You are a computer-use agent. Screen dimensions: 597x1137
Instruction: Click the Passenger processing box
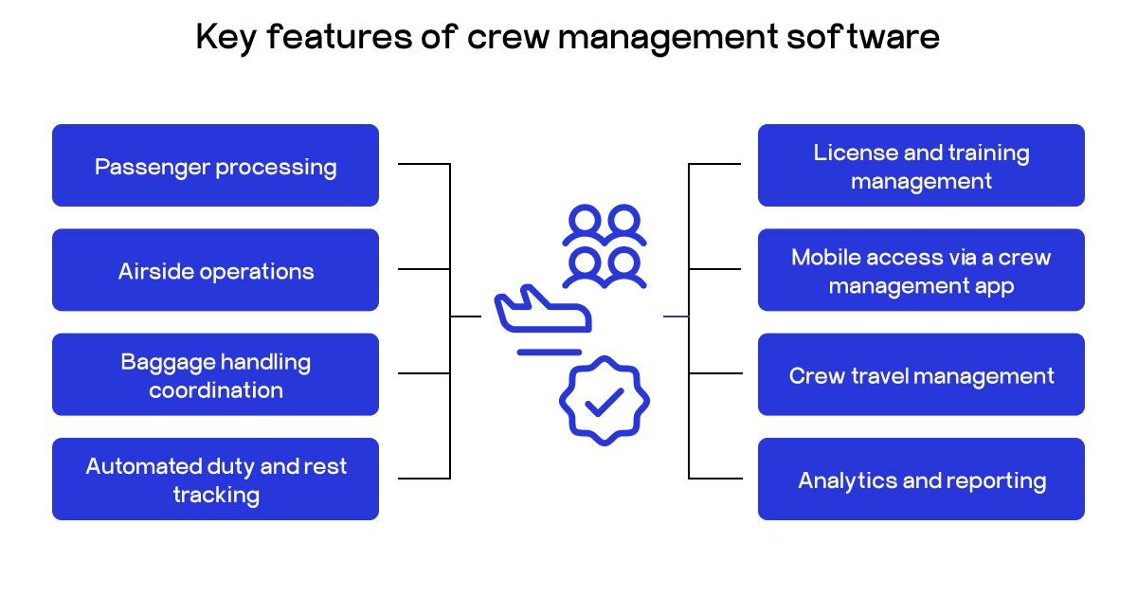[215, 166]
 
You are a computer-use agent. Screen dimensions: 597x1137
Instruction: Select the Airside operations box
[215, 270]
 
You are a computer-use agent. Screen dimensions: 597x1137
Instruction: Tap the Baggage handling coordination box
[215, 374]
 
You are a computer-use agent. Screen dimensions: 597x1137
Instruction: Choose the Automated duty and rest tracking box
[215, 479]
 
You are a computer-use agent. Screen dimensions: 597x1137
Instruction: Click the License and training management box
[921, 166]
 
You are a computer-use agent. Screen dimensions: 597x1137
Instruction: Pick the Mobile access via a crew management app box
[921, 270]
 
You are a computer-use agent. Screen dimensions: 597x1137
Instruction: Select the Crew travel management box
[921, 374]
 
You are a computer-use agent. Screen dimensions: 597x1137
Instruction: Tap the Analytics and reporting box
[921, 479]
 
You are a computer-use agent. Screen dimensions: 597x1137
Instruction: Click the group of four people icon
[604, 246]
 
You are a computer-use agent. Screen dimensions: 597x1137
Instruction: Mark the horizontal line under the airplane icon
[549, 352]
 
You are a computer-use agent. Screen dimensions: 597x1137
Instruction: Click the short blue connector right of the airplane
[675, 316]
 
